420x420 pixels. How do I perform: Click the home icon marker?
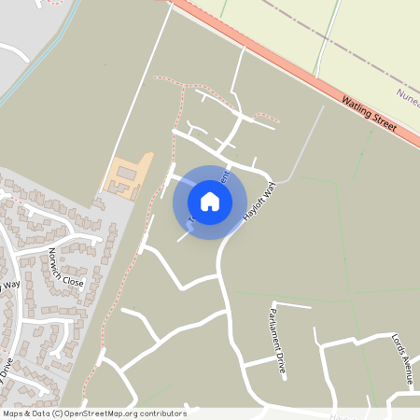coord(209,202)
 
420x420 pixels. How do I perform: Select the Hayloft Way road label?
coord(249,200)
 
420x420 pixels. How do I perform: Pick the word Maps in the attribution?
coord(13,413)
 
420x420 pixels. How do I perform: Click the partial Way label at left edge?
coord(10,284)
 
